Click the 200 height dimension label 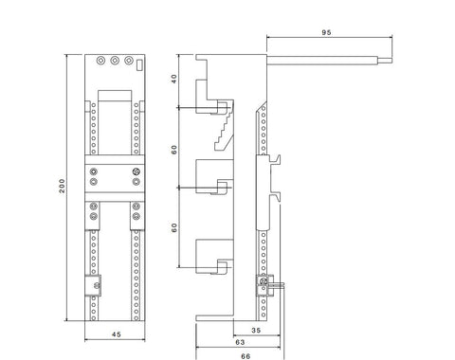point(63,186)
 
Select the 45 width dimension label point(117,334)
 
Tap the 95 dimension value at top point(326,32)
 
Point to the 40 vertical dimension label point(174,79)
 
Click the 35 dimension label point(256,330)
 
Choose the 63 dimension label point(240,342)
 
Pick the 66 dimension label point(246,356)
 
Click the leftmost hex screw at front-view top point(100,60)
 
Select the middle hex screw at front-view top point(115,60)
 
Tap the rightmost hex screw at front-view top point(128,60)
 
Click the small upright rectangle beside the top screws point(139,64)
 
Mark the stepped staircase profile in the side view point(224,126)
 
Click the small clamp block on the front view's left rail point(93,285)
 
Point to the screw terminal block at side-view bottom point(264,285)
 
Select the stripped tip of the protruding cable point(385,61)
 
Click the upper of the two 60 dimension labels point(174,150)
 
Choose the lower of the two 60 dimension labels point(174,227)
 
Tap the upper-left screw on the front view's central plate point(94,171)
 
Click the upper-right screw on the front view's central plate point(136,171)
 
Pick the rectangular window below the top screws point(115,96)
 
